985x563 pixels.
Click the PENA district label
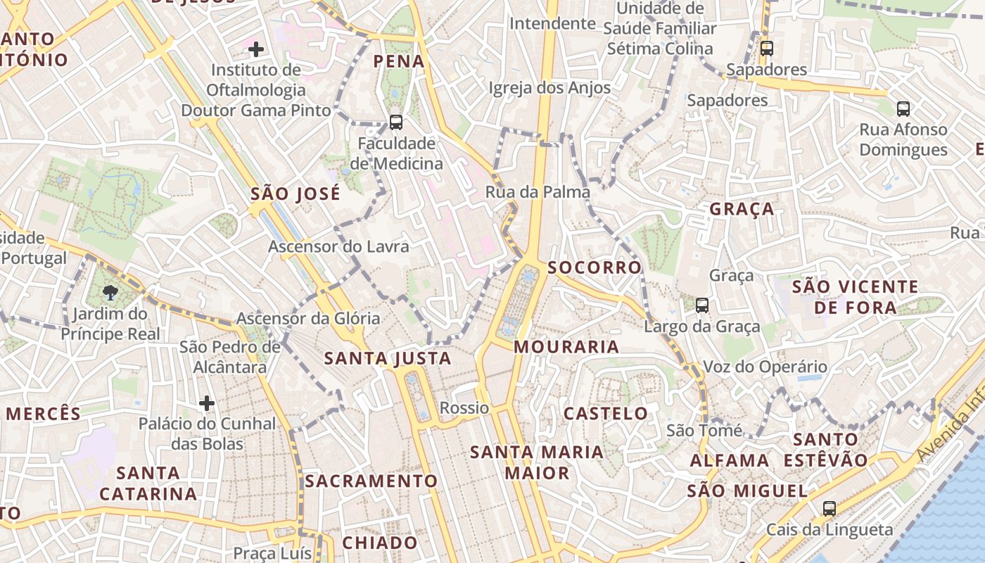pos(399,61)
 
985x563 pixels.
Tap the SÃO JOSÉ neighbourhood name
pos(295,194)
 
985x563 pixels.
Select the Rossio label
pos(464,407)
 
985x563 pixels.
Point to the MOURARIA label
pos(566,346)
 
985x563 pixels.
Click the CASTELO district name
pos(606,413)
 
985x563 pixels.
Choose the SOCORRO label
pos(595,267)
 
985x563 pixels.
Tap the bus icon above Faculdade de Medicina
pos(396,122)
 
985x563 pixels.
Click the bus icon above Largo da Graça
pos(702,305)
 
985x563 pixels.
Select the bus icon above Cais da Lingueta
pos(830,508)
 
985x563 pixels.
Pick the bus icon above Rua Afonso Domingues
pos(903,109)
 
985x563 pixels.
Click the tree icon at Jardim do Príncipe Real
pos(109,293)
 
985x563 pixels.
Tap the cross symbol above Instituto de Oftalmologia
pos(256,49)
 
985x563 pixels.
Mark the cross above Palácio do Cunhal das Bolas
pos(206,403)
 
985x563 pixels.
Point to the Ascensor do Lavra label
pos(338,247)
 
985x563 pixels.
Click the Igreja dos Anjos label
pos(549,88)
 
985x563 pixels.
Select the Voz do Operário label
pos(765,367)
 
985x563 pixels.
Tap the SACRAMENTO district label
pos(371,481)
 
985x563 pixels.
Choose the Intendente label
pos(552,23)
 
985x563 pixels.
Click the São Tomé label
pos(704,430)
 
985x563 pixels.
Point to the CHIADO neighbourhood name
pos(380,543)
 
